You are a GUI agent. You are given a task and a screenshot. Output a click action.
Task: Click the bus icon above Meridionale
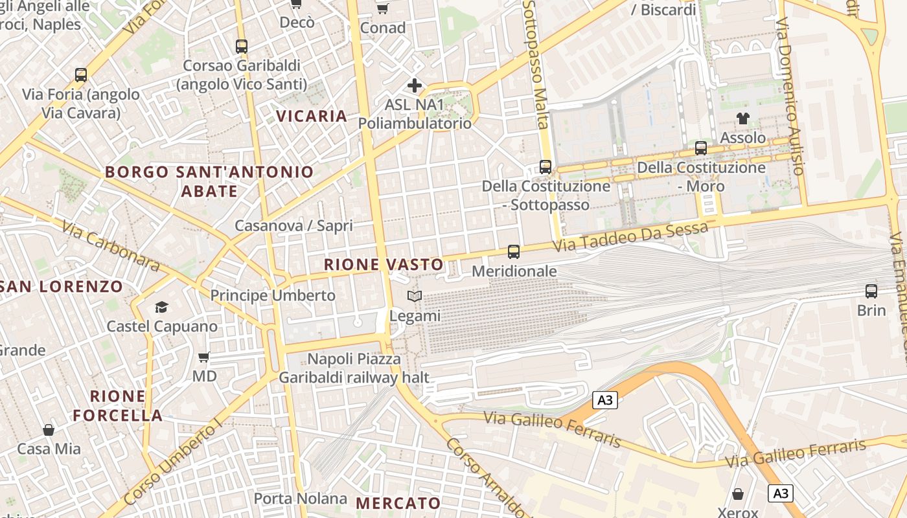point(514,251)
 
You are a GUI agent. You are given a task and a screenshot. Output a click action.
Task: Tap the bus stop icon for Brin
point(871,291)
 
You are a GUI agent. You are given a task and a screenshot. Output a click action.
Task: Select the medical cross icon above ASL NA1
point(415,85)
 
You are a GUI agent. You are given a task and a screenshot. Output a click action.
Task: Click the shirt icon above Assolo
point(742,118)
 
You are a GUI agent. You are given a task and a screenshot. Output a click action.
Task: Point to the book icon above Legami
point(415,297)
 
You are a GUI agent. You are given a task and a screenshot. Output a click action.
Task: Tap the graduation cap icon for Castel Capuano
point(161,307)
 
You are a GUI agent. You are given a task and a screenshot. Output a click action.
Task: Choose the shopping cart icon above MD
point(204,357)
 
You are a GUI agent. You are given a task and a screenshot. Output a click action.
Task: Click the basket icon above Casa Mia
point(49,429)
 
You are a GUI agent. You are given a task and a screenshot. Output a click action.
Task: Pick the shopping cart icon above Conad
point(382,8)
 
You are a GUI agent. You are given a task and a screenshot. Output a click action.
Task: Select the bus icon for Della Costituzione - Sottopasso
point(545,167)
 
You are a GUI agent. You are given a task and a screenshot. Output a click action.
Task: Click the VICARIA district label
point(312,117)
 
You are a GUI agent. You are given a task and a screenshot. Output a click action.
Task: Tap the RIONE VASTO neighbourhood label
point(384,265)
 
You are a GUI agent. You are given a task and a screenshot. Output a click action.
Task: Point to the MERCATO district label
point(398,503)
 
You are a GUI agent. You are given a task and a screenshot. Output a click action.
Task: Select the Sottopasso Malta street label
point(536,65)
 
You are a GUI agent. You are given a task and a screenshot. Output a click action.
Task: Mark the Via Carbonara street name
point(111,246)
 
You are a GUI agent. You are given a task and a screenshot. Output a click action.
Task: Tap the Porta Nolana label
point(301,499)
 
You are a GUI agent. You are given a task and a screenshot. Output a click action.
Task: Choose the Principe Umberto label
point(273,296)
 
